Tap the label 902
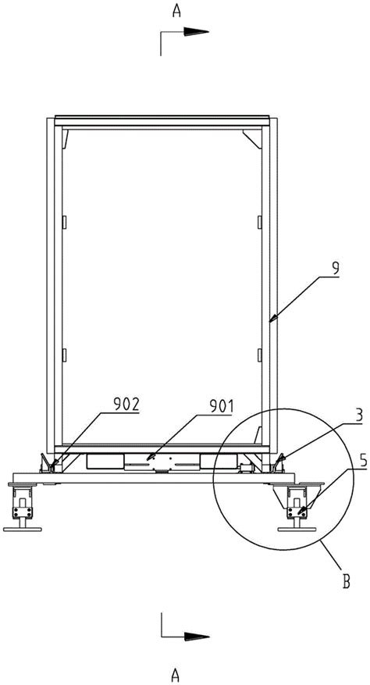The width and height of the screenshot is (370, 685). pyautogui.click(x=126, y=405)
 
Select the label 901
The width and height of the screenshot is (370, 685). pyautogui.click(x=221, y=407)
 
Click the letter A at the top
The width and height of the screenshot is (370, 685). pyautogui.click(x=176, y=11)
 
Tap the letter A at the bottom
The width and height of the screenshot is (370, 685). pyautogui.click(x=176, y=676)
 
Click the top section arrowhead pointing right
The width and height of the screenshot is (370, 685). pyautogui.click(x=196, y=31)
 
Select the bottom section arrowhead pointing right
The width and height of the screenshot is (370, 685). pyautogui.click(x=197, y=636)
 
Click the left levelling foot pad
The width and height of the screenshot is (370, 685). pyautogui.click(x=23, y=530)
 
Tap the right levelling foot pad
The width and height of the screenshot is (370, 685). pyautogui.click(x=297, y=530)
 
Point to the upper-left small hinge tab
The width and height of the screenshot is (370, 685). pyautogui.click(x=65, y=222)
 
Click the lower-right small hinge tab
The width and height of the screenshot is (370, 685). pyautogui.click(x=259, y=355)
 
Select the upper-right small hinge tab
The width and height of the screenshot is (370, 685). pyautogui.click(x=259, y=222)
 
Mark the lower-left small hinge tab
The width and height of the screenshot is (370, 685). pyautogui.click(x=65, y=355)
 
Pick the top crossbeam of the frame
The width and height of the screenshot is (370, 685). pyautogui.click(x=162, y=121)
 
